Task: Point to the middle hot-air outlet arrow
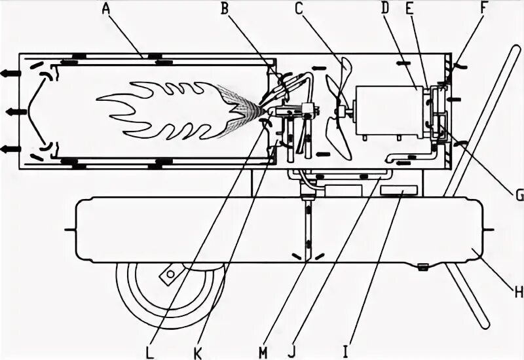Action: pos(15,112)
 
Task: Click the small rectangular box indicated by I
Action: pos(399,189)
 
